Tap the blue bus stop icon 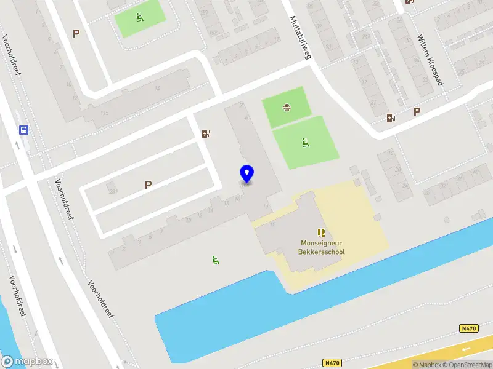click(23, 130)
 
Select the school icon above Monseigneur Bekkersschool click(320, 232)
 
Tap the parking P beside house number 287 click(148, 184)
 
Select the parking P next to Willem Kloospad click(417, 112)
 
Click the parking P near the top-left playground click(76, 34)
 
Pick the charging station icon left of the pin click(206, 133)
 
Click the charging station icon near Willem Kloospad click(391, 117)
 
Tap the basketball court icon click(287, 108)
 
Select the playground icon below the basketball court click(305, 143)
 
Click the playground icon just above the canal click(215, 260)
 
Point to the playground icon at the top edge click(140, 17)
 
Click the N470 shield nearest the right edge click(469, 329)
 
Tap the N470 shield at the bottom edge click(332, 363)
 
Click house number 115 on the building click(104, 113)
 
